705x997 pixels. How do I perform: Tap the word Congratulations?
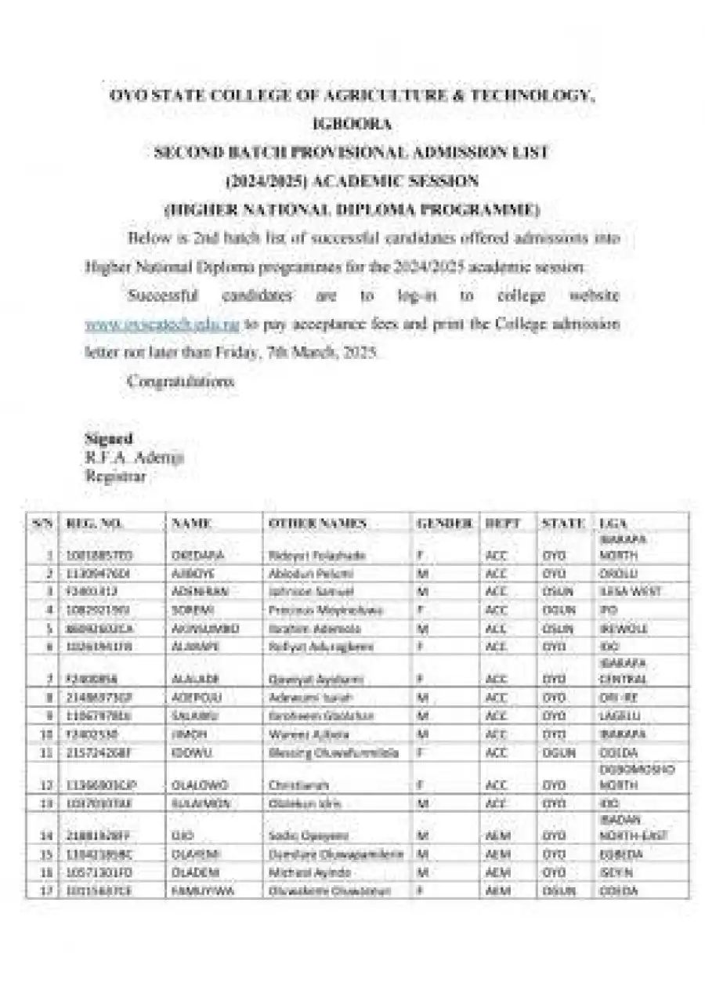[180, 382]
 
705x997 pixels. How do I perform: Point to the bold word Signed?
[108, 439]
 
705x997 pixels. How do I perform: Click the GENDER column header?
[444, 523]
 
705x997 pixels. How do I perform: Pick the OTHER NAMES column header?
[317, 523]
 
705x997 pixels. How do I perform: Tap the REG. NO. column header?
[95, 523]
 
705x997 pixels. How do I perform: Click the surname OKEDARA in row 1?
[198, 555]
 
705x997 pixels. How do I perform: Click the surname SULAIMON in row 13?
[200, 803]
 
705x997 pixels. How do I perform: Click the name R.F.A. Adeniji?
[134, 458]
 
